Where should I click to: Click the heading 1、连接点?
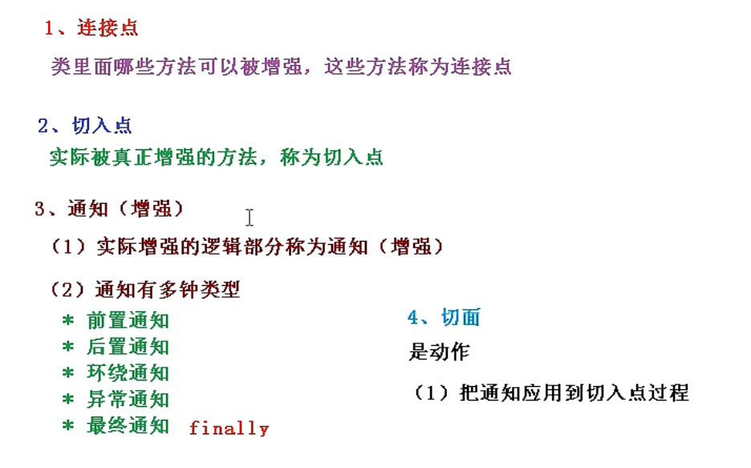(91, 28)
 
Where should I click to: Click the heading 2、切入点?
(85, 125)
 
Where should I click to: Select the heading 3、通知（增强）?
(109, 210)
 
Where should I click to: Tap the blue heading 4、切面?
(444, 318)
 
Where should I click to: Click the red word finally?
(229, 429)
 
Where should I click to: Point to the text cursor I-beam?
(250, 218)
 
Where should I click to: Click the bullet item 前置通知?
(128, 321)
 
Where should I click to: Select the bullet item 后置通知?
(128, 347)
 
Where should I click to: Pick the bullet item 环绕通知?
(128, 373)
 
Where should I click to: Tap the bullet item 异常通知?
(128, 399)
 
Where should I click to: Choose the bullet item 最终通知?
(128, 425)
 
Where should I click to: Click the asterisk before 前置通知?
(68, 322)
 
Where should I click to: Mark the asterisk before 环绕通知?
(68, 374)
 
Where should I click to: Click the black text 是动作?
(439, 352)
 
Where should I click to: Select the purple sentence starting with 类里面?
(281, 67)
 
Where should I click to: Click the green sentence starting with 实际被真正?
(217, 157)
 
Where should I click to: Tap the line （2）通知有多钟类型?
(145, 290)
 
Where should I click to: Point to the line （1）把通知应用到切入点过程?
(551, 393)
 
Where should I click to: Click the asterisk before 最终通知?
(68, 426)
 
